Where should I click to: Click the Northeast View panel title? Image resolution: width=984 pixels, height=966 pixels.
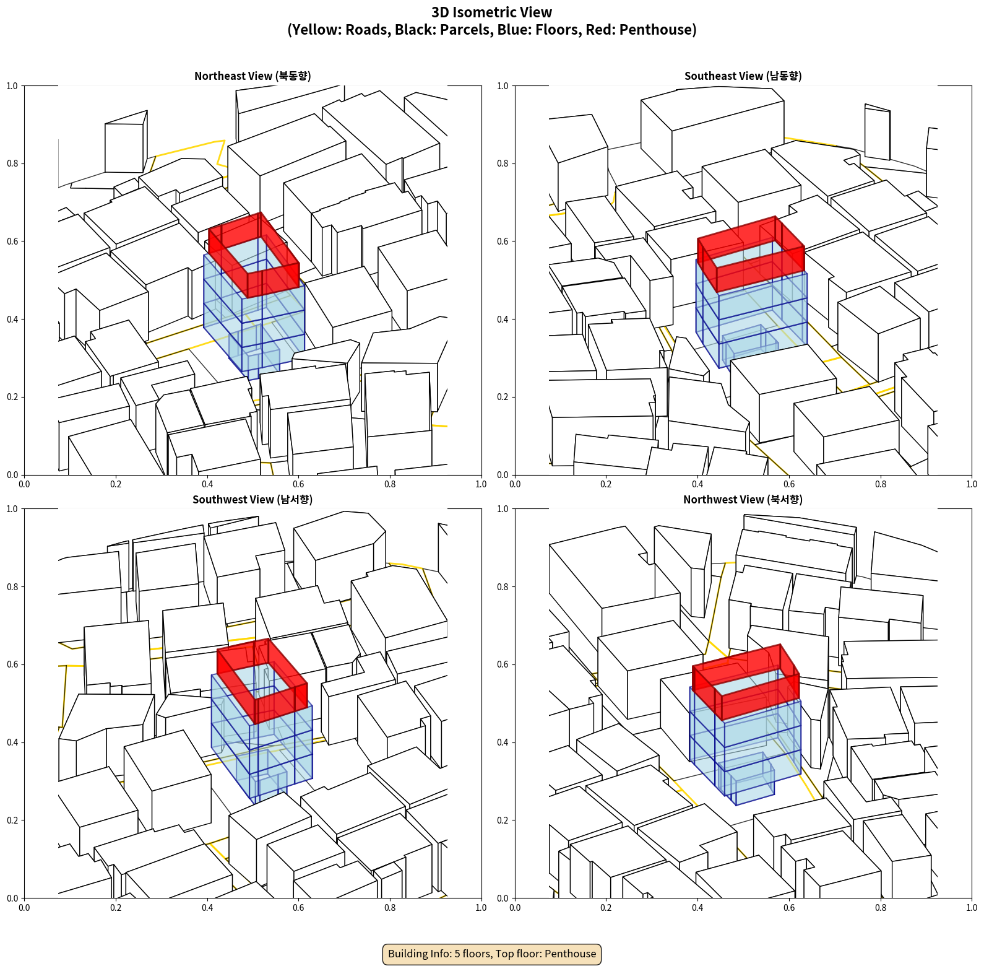tap(252, 76)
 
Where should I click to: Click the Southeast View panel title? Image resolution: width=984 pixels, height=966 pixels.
tap(743, 76)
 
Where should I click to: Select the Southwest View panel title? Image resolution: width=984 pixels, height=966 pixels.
tap(252, 499)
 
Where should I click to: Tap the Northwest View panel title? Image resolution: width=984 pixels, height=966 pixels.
tap(743, 499)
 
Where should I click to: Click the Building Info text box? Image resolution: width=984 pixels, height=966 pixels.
tap(492, 954)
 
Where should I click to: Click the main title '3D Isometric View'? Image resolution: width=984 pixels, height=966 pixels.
tap(492, 12)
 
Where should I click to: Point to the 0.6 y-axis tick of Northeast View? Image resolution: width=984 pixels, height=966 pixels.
tap(12, 241)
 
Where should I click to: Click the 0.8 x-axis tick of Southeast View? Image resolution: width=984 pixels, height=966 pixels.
tap(881, 484)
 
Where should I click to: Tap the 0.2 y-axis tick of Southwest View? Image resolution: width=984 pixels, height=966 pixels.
tap(12, 820)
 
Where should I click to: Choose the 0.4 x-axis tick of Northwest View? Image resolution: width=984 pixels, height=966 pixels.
tap(697, 908)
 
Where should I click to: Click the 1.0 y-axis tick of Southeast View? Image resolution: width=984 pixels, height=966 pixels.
tap(503, 86)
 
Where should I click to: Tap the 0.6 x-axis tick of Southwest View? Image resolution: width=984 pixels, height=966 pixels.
tap(298, 908)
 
